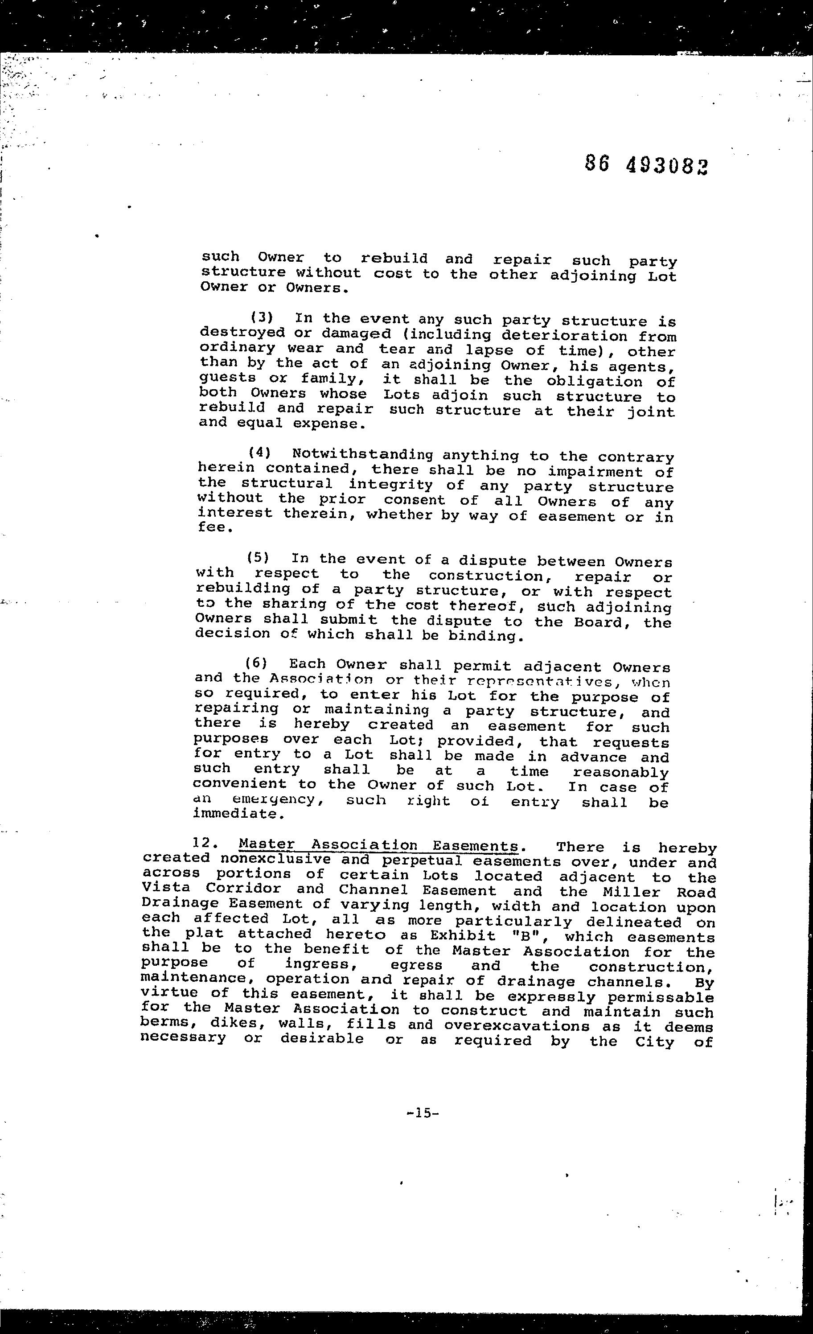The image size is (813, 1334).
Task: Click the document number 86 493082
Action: point(646,165)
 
